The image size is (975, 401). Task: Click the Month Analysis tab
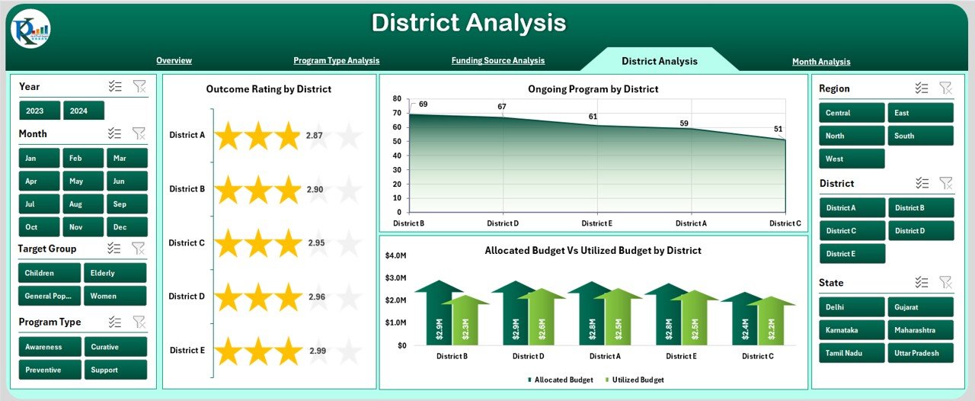point(821,62)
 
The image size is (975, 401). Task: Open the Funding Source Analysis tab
point(498,60)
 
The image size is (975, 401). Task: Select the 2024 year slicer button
point(83,111)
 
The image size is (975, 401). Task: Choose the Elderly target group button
point(115,273)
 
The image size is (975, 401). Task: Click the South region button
point(920,136)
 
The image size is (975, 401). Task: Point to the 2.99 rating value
point(318,351)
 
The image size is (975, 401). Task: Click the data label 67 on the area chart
point(502,107)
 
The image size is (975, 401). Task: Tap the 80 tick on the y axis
point(397,98)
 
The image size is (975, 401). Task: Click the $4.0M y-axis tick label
point(397,255)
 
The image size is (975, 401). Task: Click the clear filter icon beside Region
point(945,88)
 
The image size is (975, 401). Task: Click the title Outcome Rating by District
point(269,89)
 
